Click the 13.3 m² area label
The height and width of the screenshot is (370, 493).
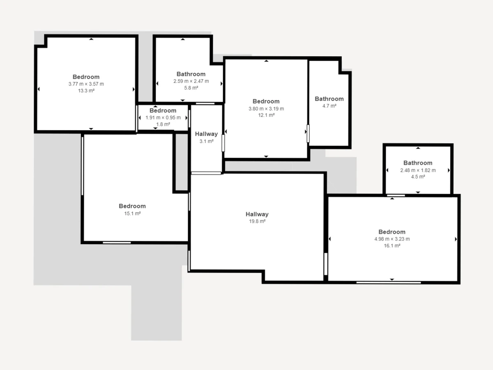[86, 91]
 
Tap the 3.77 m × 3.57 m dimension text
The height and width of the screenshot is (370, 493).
[86, 84]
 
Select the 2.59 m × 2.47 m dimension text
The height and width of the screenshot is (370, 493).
[191, 81]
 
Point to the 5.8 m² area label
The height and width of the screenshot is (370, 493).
[191, 88]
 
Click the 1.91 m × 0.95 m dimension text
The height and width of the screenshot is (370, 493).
[163, 118]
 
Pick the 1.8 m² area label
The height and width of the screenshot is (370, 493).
[163, 124]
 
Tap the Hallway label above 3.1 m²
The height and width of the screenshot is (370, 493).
[206, 134]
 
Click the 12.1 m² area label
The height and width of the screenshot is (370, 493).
[266, 115]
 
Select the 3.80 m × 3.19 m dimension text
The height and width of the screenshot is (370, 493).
[266, 109]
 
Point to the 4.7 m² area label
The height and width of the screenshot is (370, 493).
[329, 106]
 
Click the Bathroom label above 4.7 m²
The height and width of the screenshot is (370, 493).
[329, 99]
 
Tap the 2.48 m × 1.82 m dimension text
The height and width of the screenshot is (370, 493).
[418, 170]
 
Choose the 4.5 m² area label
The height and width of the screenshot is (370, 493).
[418, 177]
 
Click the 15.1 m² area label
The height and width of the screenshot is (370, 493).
[133, 213]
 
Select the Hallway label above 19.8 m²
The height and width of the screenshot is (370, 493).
[257, 214]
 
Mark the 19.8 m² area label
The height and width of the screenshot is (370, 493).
[257, 221]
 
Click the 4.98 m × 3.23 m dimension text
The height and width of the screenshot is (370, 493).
[392, 239]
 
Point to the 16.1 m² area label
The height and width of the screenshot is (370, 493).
[392, 246]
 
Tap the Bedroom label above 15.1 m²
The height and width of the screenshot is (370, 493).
[132, 206]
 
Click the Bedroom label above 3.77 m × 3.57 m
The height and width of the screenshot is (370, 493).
[86, 77]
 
